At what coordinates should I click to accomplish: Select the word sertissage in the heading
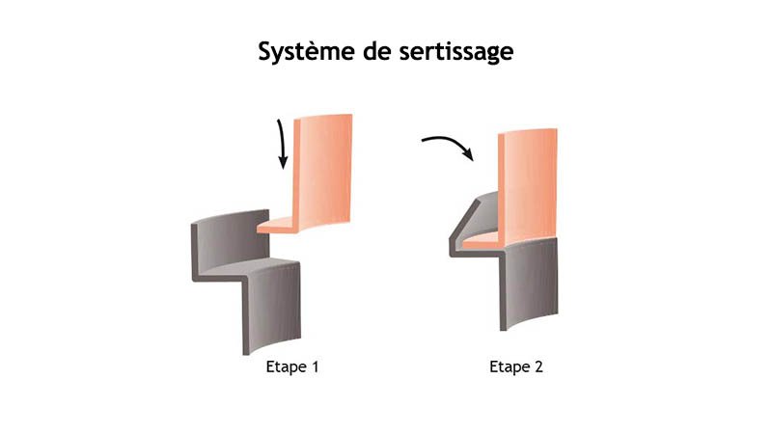[x=456, y=52]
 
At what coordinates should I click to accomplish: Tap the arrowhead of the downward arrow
[x=284, y=164]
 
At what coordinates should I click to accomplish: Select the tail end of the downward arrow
[x=280, y=121]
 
